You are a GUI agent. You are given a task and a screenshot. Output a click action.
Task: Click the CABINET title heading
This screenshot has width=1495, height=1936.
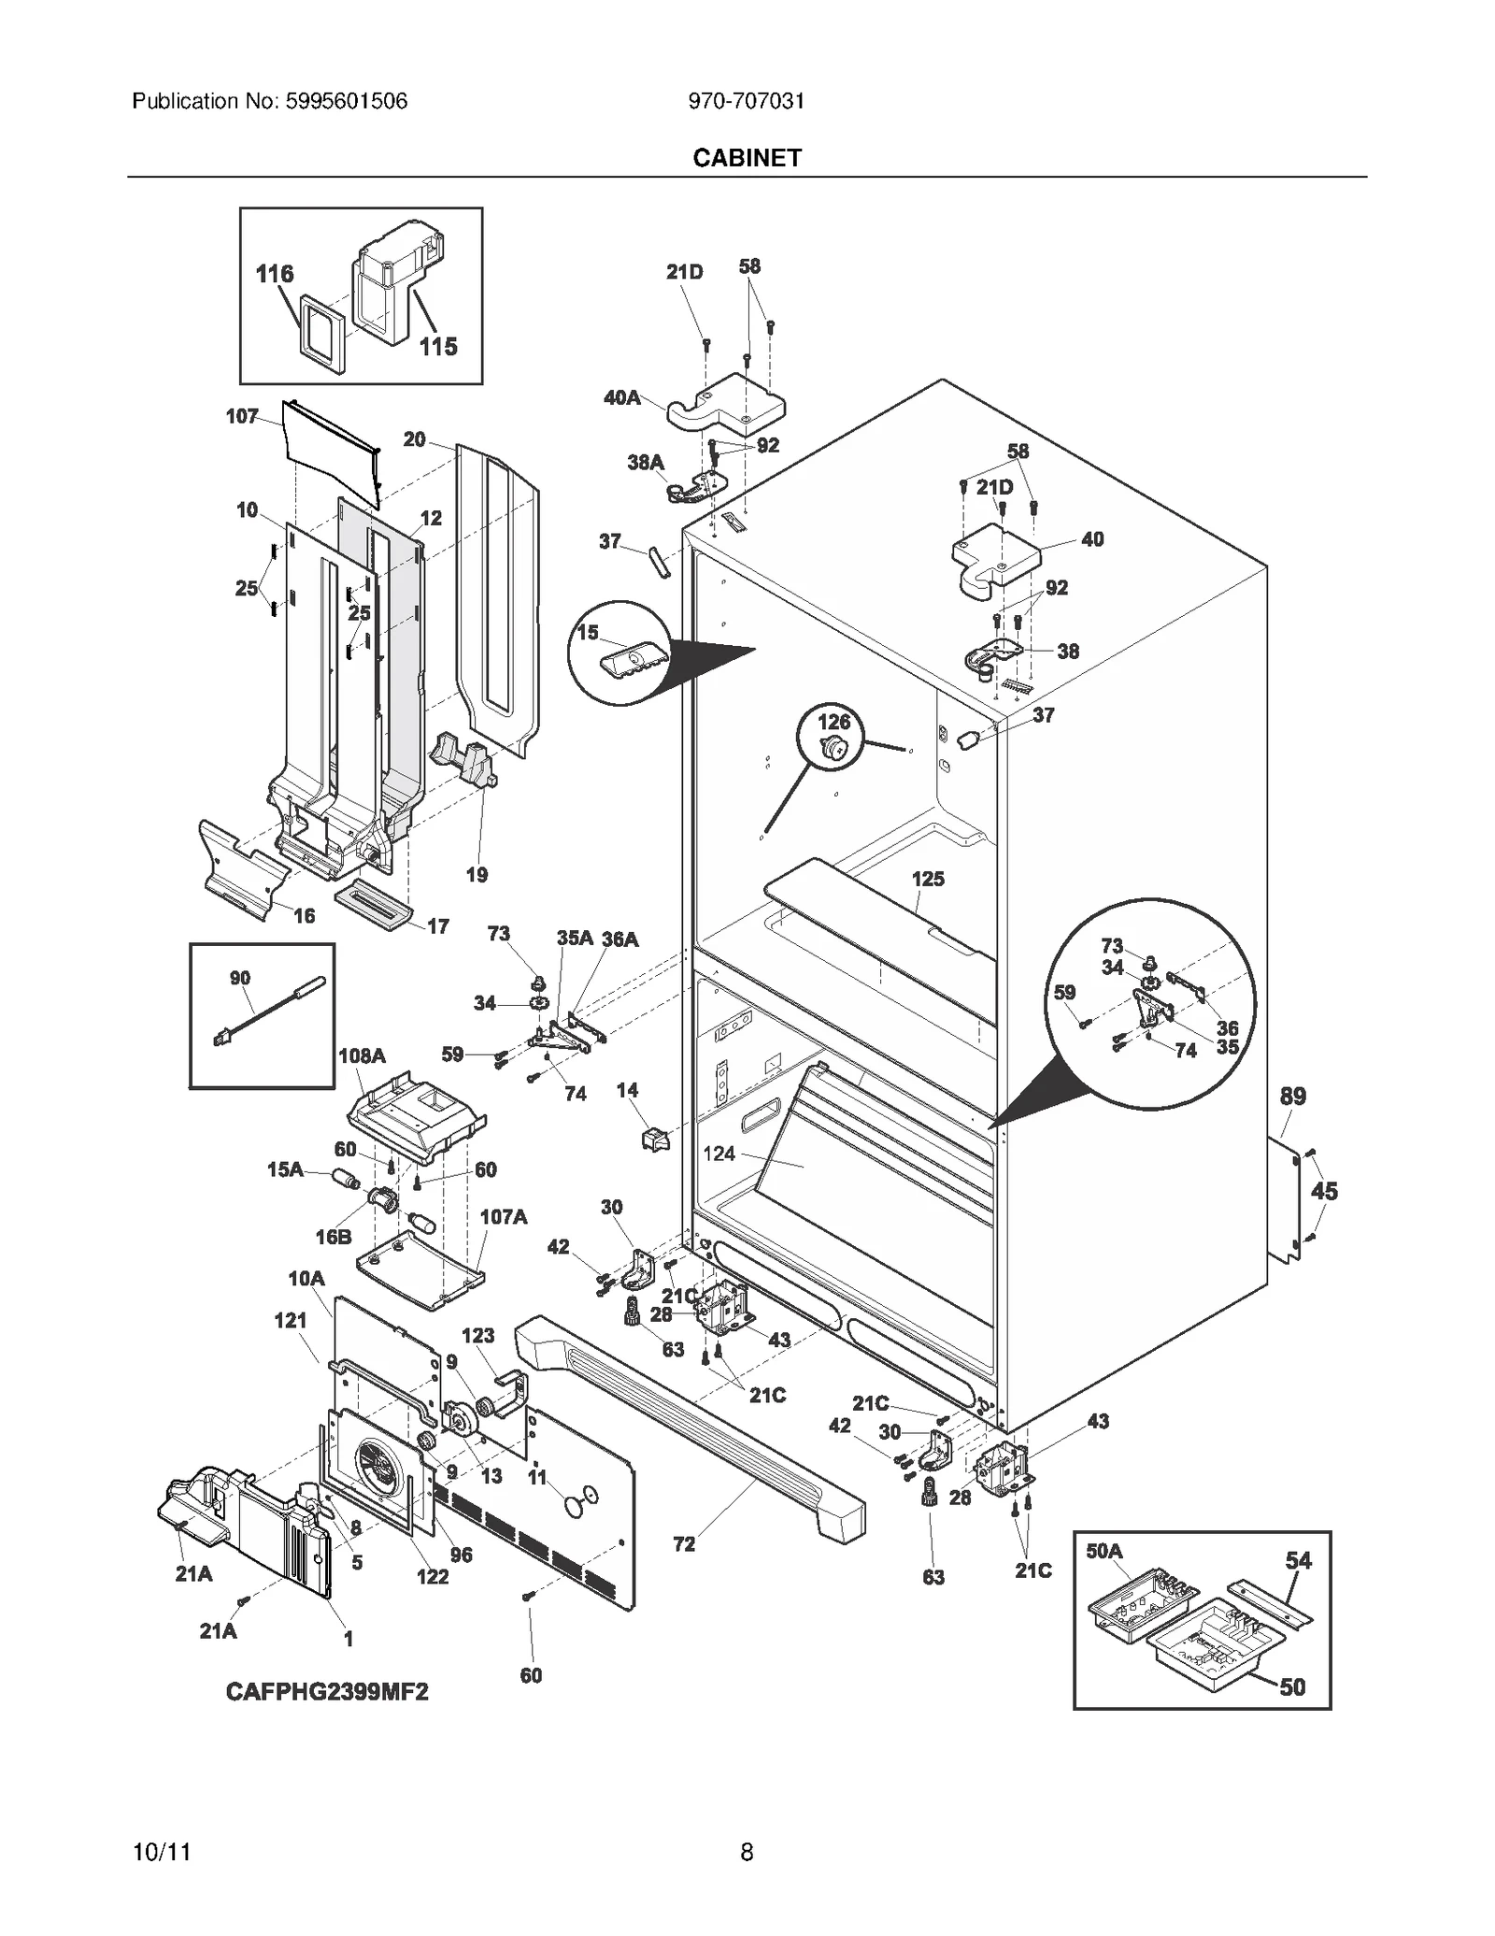click(747, 158)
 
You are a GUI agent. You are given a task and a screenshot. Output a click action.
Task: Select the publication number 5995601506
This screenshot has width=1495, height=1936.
click(346, 101)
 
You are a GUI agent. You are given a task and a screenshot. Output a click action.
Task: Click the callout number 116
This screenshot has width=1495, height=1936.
click(275, 274)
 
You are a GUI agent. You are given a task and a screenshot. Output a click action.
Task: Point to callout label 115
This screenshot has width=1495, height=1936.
click(438, 347)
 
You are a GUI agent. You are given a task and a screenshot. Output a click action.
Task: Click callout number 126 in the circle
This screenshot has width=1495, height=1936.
click(834, 722)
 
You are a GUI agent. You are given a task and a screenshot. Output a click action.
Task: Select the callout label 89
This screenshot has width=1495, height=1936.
click(1293, 1096)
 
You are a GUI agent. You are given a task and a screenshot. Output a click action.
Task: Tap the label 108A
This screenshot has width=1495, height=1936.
click(362, 1055)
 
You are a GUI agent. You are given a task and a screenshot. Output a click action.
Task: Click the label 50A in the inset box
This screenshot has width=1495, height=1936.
click(1103, 1552)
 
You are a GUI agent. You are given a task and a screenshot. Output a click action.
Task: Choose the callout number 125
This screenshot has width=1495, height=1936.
click(928, 879)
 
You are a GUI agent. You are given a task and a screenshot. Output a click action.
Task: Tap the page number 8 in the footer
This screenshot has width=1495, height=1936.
click(747, 1852)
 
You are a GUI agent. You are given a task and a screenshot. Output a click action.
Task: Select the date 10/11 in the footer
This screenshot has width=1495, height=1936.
click(163, 1852)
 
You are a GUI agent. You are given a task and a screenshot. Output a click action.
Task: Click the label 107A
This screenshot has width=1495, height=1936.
click(504, 1216)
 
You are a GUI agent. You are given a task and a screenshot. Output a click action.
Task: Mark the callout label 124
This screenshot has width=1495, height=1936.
click(719, 1154)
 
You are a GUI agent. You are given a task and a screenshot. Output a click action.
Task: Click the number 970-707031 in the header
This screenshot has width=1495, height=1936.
click(747, 101)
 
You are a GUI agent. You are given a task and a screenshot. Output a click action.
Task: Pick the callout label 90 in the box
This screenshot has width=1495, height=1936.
click(240, 978)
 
